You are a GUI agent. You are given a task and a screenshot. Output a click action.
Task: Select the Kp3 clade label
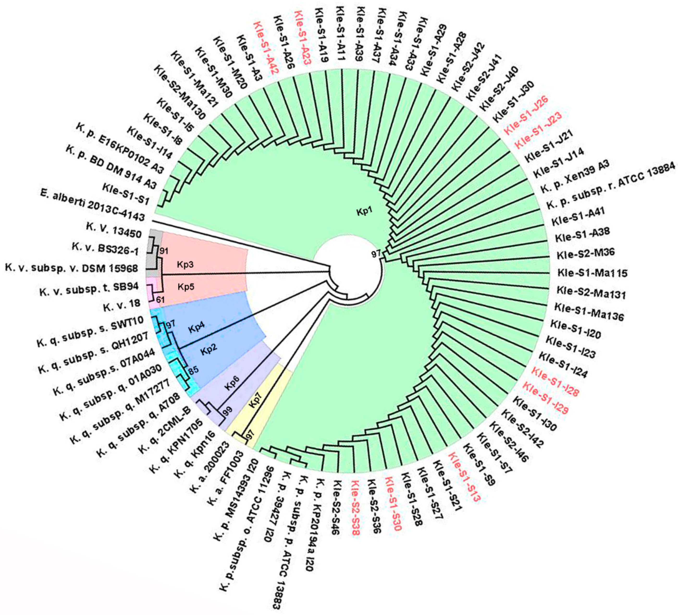click(x=185, y=265)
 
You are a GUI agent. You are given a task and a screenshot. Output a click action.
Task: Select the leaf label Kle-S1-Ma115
click(x=592, y=272)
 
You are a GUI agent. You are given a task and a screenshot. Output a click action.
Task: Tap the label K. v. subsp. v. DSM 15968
click(x=71, y=268)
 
